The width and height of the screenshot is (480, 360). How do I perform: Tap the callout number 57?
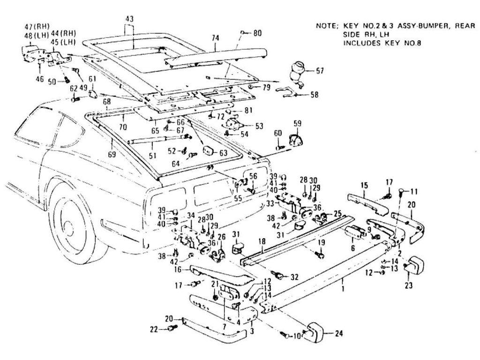click(x=320, y=71)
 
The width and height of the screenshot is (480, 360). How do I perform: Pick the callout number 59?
click(x=297, y=124)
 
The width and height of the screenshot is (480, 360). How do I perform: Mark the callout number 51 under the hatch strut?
click(x=150, y=156)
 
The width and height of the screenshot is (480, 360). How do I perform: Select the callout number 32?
click(x=294, y=277)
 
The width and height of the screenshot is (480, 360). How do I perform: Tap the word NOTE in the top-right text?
click(x=326, y=26)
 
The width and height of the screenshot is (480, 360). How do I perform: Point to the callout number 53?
click(x=259, y=126)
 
